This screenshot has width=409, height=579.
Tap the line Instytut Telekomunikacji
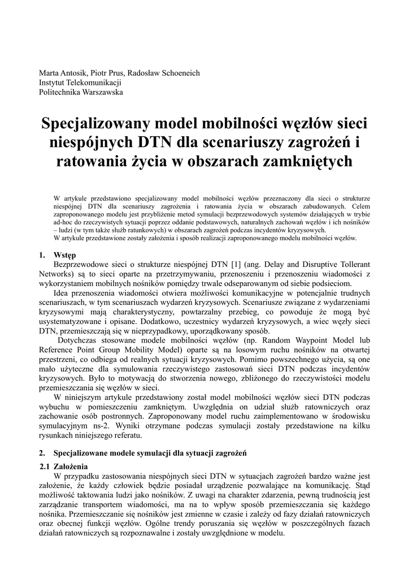(80, 83)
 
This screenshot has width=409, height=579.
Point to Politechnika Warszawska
(81, 92)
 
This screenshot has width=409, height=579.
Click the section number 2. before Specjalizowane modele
(42, 453)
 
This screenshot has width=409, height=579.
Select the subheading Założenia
(71, 466)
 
